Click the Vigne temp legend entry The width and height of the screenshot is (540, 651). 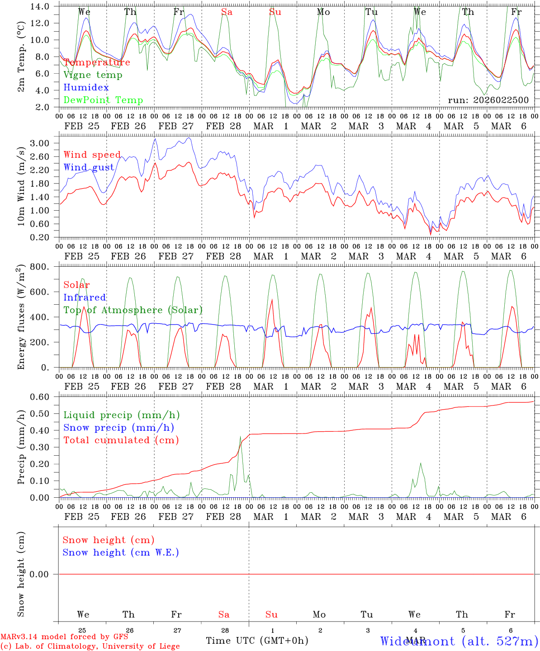(93, 75)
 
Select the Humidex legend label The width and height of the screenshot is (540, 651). (86, 88)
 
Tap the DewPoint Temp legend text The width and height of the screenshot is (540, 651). (103, 100)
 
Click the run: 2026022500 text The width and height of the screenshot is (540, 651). (488, 100)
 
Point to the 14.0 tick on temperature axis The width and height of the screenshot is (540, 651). (40, 7)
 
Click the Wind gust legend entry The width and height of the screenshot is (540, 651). (89, 167)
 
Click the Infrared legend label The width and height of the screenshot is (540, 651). (85, 297)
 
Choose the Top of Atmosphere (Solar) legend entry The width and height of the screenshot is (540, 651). (133, 310)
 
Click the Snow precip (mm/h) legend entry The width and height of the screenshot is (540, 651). (118, 428)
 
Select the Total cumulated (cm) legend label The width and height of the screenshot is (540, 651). (121, 440)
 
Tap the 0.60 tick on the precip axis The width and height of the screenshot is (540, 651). (40, 397)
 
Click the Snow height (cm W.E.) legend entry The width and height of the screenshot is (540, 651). (121, 552)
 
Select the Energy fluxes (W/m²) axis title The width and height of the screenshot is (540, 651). (21, 318)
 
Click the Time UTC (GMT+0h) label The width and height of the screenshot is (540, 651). (257, 641)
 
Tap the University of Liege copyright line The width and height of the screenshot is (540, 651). (90, 646)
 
